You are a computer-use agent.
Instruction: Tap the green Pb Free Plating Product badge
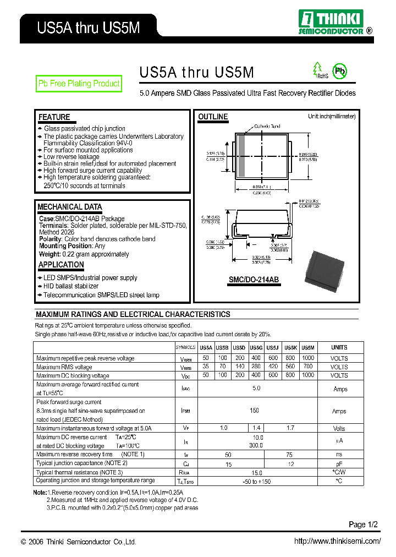(79, 84)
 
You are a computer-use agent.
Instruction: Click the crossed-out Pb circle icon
(340, 72)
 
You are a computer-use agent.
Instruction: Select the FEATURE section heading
(54, 117)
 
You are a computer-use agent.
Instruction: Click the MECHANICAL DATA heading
(69, 207)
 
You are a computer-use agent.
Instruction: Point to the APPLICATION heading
(61, 265)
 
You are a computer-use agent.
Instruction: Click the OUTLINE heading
(213, 117)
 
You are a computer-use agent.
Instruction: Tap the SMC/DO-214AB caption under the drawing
(254, 280)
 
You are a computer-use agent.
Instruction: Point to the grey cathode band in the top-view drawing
(241, 156)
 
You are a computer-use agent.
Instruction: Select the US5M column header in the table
(308, 348)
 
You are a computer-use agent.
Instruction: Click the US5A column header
(206, 348)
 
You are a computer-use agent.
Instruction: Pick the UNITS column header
(339, 348)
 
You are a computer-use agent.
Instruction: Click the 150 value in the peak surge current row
(254, 411)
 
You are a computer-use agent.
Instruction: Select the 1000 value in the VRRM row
(308, 358)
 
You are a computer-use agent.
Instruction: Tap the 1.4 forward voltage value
(256, 428)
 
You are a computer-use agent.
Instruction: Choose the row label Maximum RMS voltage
(64, 367)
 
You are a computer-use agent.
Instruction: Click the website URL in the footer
(337, 541)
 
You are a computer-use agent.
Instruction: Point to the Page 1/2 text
(364, 524)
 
